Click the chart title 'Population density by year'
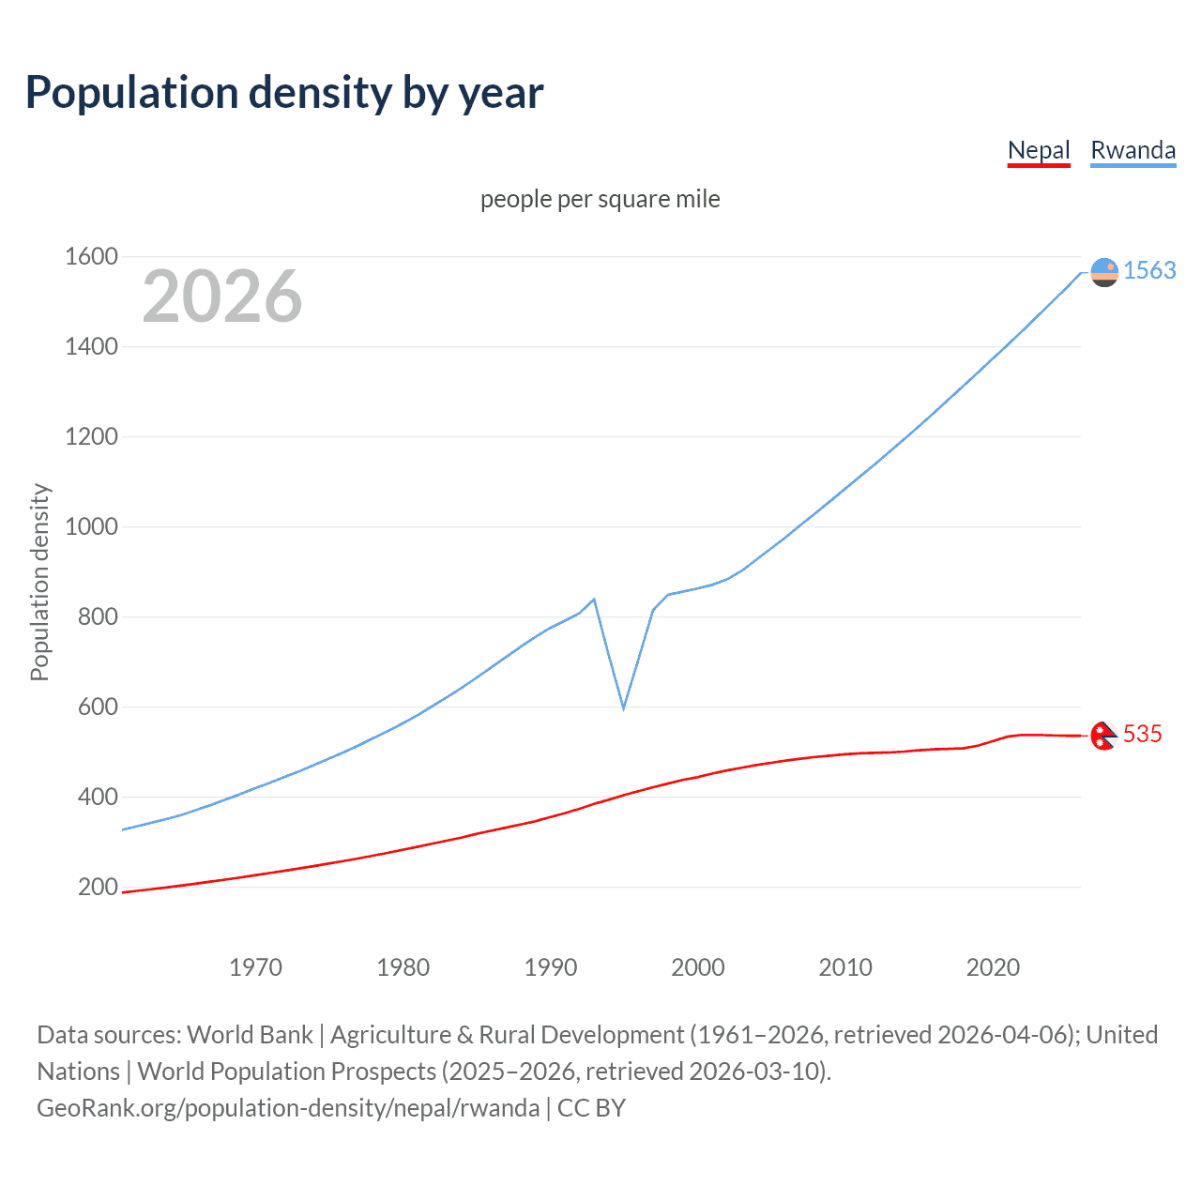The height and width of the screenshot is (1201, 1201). coord(284,93)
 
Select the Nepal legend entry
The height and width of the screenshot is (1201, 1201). coord(1039,150)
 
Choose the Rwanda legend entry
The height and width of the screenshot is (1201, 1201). coord(1133,150)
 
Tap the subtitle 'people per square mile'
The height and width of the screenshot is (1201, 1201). coord(600,199)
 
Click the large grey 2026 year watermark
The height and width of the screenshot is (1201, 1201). coord(222,296)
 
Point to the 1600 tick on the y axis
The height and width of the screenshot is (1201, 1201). coord(91,256)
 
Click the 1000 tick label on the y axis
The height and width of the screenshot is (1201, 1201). coord(91,526)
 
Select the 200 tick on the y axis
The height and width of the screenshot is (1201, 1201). coord(98,887)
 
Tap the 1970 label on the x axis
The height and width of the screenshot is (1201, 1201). coord(255,967)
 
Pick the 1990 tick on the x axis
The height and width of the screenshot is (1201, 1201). coord(551,967)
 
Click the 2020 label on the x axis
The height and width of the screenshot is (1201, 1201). coord(993,967)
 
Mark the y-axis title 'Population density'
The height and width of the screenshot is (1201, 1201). coord(39,582)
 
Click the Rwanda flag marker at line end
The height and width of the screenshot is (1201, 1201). coord(1104,272)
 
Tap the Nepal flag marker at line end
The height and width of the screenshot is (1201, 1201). coord(1103,736)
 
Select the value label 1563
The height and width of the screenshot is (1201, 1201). coord(1149,270)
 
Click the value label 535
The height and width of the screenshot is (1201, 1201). coord(1142,734)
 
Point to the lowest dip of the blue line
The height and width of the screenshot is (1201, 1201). coord(623,707)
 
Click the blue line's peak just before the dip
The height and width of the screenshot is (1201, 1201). coord(594,600)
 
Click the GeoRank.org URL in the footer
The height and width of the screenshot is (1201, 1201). coord(288,1108)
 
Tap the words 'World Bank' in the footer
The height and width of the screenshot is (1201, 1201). coord(250,1035)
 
